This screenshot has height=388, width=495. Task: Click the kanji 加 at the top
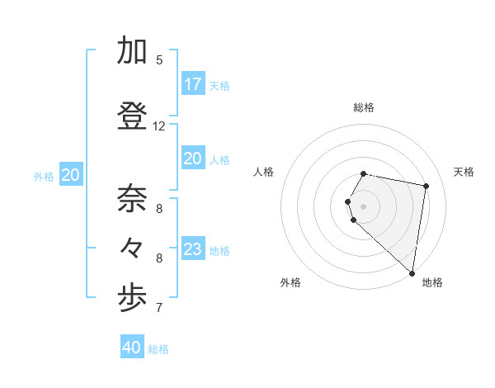(132, 51)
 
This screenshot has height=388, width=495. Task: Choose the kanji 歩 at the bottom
(132, 299)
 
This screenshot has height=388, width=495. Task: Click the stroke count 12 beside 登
(159, 126)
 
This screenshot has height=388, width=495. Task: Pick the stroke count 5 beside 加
(159, 59)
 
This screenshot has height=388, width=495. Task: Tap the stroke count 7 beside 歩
(159, 308)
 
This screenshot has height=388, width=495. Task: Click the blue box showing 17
(192, 84)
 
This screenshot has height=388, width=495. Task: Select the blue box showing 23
(192, 249)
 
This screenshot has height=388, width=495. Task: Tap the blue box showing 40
(132, 348)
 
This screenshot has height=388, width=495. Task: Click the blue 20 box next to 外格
(71, 175)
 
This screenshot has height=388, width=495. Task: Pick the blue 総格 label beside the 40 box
(159, 349)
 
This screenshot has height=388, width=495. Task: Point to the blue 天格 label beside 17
(219, 86)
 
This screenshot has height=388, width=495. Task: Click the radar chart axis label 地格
(432, 282)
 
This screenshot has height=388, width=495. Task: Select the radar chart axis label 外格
(290, 282)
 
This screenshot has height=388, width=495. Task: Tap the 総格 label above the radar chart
(363, 107)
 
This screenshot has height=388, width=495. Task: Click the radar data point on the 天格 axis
(426, 186)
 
